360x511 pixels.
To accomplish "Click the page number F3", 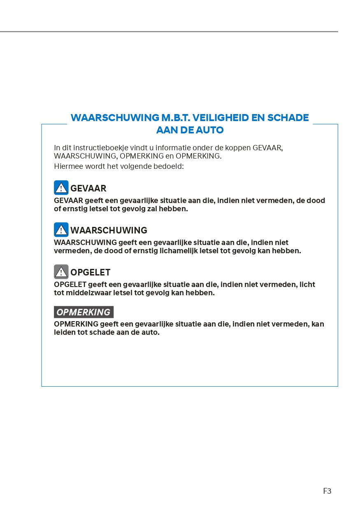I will click(327, 491).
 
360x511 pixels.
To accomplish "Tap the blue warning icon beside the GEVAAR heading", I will click(61, 188).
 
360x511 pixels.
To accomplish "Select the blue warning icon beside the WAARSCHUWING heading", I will click(61, 230).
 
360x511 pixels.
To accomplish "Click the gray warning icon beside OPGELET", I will click(61, 272).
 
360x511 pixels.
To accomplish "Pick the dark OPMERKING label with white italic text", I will click(84, 312).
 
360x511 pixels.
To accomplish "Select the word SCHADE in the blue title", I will click(288, 118).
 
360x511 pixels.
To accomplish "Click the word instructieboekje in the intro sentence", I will click(92, 148).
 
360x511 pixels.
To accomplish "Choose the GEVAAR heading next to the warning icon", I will click(88, 189).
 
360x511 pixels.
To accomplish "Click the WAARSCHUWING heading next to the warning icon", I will click(109, 231).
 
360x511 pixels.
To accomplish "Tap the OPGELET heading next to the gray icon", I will click(91, 273).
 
